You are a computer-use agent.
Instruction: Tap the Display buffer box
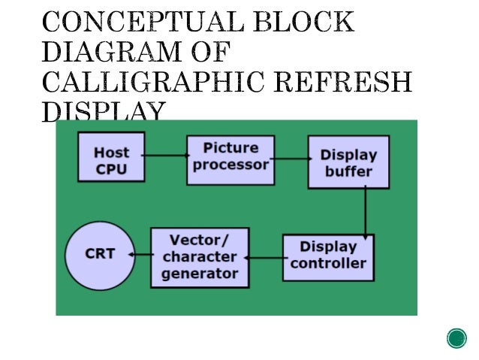[348, 162]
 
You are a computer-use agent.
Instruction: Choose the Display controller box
[328, 256]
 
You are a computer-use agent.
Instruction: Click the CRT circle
[98, 254]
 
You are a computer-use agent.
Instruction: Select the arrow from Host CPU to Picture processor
[166, 156]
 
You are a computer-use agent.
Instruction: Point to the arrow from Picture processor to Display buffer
[291, 158]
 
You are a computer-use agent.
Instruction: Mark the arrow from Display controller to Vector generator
[265, 258]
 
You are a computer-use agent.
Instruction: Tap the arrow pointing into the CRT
[140, 255]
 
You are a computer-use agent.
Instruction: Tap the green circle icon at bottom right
[456, 338]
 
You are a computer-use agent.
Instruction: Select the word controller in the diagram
[328, 264]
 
